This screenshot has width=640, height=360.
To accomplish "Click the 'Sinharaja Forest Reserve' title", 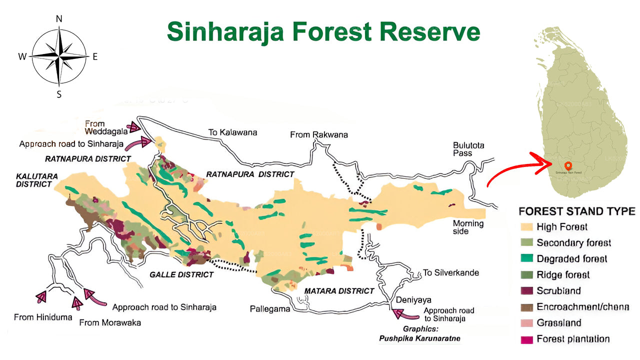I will click(323, 31).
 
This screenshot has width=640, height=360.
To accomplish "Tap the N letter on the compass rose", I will click(59, 18).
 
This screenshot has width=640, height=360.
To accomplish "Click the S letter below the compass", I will click(59, 94).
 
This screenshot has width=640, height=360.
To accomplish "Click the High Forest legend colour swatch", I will click(526, 227).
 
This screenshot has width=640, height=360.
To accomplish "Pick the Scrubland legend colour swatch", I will click(526, 291).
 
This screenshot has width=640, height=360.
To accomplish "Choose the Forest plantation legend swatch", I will click(526, 339).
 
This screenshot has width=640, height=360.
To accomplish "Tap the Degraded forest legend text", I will click(572, 258).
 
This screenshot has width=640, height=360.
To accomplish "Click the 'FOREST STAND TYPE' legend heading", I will click(577, 211).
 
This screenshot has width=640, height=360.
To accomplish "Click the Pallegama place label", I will click(270, 309).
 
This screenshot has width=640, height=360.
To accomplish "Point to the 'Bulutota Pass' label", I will click(468, 149).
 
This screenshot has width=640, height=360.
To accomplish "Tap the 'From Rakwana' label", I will click(319, 135).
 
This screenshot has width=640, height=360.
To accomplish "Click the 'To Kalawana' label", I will click(232, 132).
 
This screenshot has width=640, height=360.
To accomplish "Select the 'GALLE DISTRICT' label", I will click(181, 274).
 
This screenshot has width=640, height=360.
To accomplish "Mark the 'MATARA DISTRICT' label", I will click(339, 290).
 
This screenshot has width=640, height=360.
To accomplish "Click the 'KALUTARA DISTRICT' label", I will click(34, 180).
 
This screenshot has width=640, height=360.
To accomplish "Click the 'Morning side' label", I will click(468, 227).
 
